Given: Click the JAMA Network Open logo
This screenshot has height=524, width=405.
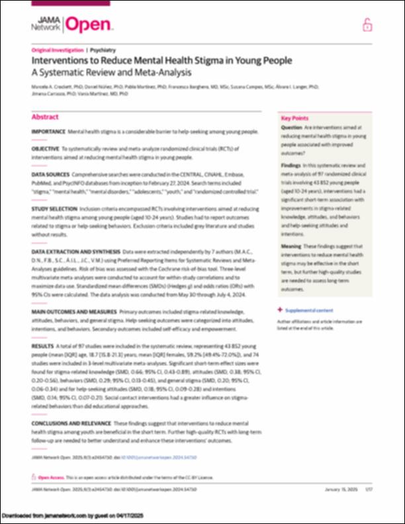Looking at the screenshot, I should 73,25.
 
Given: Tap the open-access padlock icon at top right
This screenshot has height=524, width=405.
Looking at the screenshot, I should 367,25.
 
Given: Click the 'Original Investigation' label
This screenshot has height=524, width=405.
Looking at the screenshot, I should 58,50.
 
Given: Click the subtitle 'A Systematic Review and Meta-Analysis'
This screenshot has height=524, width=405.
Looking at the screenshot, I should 111,71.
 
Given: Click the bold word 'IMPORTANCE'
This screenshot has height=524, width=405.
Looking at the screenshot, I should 48,132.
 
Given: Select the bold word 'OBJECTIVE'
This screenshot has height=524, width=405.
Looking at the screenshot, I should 46,149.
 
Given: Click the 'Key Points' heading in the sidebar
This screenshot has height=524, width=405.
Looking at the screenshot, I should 294,116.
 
